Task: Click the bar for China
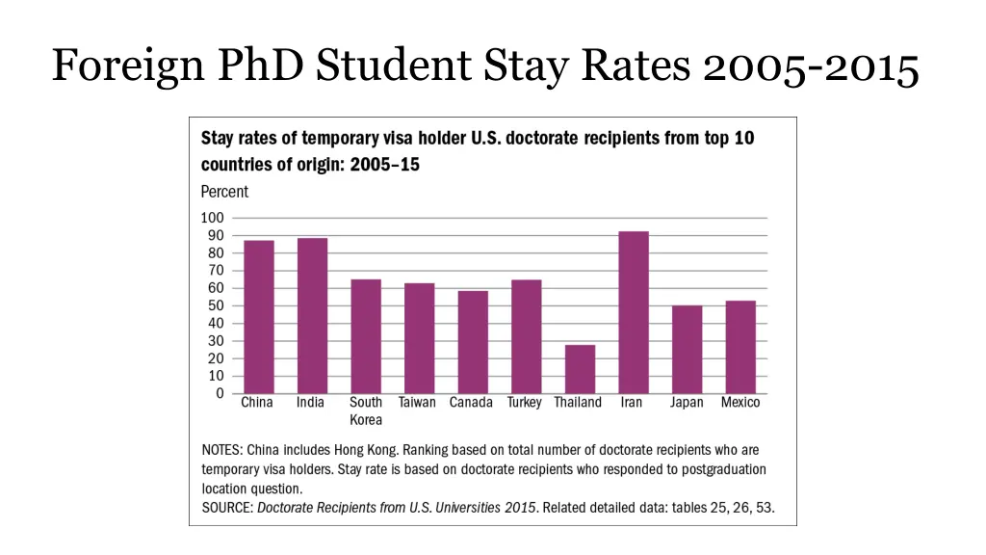tap(258, 317)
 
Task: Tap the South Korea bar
tap(366, 336)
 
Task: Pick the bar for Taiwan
tap(419, 338)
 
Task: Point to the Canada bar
tap(472, 342)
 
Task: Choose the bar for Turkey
tap(526, 336)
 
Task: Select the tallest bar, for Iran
tap(633, 312)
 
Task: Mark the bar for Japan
tap(687, 349)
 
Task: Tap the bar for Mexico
tap(740, 347)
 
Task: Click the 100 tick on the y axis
tap(212, 218)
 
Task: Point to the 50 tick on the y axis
tap(216, 305)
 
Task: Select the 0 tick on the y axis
tap(220, 393)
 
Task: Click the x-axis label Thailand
tap(578, 403)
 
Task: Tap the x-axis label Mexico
tap(740, 403)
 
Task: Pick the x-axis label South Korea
tap(366, 411)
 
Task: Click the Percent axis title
tap(224, 192)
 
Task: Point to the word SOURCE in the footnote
tap(226, 507)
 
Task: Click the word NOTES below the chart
tap(221, 450)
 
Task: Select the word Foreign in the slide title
tap(121, 66)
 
